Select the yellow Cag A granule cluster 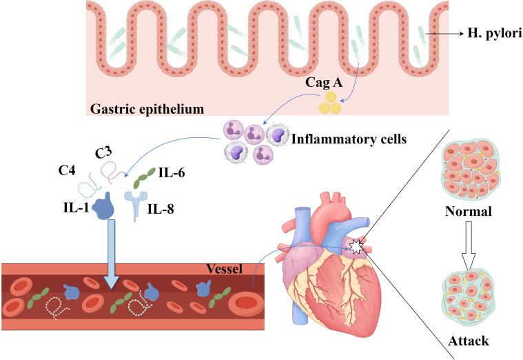point(329,104)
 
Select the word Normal point(467,211)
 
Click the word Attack point(467,340)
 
